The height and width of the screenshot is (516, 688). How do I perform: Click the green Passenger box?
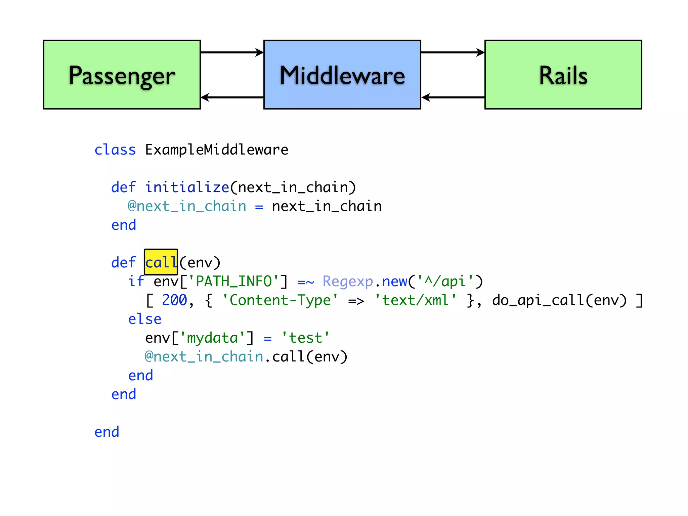122,75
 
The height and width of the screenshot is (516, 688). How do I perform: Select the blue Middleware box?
342,75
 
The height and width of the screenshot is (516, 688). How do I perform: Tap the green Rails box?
563,75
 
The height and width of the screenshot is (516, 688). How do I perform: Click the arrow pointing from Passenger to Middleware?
232,52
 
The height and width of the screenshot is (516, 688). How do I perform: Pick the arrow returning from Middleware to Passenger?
232,97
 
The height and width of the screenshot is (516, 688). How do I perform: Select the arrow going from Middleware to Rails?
453,52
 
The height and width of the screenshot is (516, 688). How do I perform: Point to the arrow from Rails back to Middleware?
453,97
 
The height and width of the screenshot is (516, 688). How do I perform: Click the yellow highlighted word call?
161,262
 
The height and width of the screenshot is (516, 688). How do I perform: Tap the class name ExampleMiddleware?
217,150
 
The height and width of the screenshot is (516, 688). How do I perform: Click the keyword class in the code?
115,150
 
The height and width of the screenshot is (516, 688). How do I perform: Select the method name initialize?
187,187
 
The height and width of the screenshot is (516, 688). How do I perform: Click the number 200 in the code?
174,300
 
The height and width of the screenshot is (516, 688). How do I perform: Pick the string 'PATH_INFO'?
233,282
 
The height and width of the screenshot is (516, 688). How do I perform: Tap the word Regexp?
348,282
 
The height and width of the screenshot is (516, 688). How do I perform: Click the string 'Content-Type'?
280,300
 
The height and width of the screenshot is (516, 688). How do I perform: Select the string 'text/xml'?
415,300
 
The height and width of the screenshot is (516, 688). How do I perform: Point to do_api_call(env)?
559,300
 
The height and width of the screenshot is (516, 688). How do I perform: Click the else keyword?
145,319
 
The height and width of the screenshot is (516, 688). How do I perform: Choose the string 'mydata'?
212,338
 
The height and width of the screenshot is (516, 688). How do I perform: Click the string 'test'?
305,338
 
